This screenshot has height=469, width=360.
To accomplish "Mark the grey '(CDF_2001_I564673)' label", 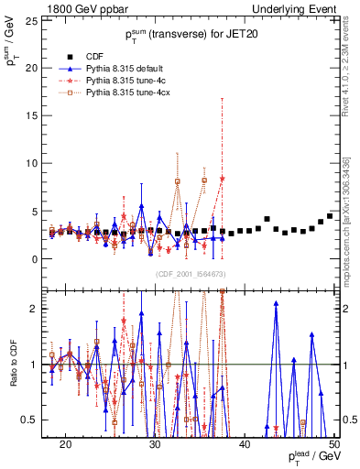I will [x=190, y=274].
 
